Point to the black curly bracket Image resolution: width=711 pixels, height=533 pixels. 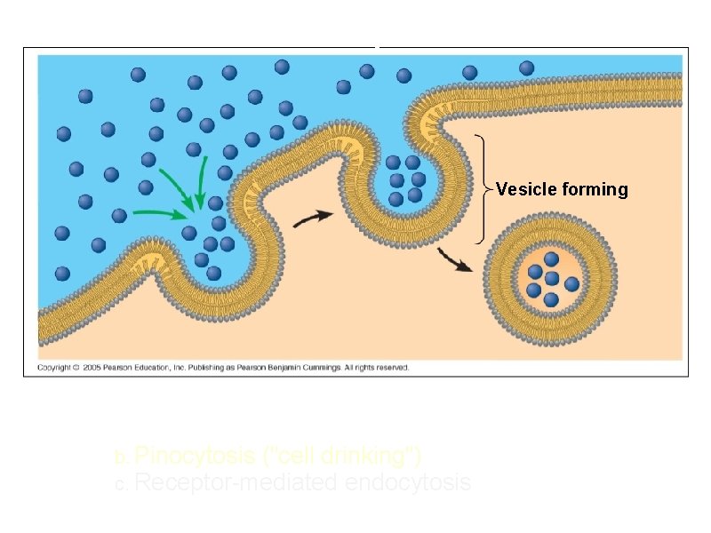482,189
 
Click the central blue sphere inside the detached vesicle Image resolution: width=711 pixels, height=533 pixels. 552,278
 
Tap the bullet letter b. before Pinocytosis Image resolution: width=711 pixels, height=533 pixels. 122,459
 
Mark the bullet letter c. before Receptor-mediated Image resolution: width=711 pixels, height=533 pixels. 122,486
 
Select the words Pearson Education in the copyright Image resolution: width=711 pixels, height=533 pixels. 133,368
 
